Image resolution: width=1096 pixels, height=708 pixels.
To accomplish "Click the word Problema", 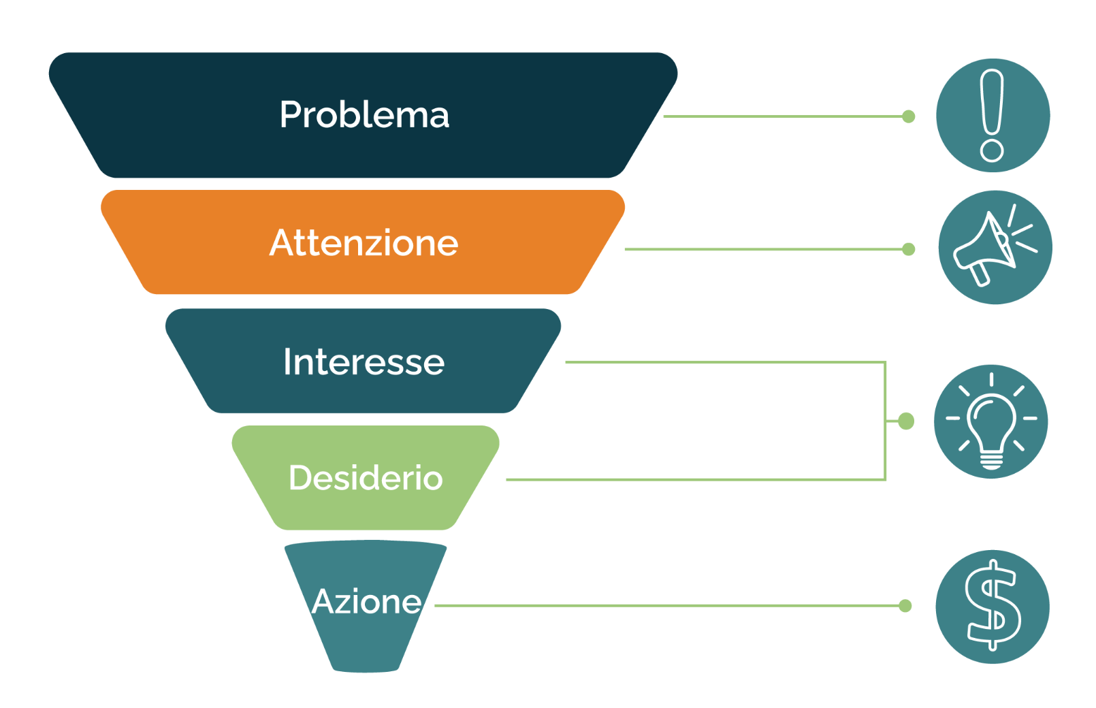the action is pos(364,115).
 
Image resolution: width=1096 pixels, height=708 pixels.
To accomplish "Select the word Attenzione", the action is pos(364,242).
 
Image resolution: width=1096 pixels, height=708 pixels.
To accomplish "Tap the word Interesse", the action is pos(364,361).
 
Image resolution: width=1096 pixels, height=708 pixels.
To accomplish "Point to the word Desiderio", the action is pos(366,477).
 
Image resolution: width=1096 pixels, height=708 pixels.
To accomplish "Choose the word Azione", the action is pos(366,601).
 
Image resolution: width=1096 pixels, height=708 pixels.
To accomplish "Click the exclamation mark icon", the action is pos(993,116).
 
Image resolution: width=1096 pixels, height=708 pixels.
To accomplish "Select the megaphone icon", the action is pos(995,247).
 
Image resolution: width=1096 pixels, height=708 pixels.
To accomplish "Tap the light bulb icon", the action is pos(990,421).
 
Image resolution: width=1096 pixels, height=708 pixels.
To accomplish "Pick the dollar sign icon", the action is pos(993,607).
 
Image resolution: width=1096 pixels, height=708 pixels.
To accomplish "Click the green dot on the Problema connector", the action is pos(909,116).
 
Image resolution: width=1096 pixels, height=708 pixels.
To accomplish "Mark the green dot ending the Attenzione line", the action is pos(909,249).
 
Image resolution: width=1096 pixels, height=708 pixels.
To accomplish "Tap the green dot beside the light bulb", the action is pos(906,421).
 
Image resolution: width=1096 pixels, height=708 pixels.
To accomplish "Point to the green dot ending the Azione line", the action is pos(905,606).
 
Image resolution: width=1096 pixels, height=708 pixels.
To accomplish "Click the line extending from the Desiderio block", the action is pos(695,479).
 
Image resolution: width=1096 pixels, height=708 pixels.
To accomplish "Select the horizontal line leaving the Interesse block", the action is pos(725,362).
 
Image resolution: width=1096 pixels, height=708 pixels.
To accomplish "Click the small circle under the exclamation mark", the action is pos(992,150).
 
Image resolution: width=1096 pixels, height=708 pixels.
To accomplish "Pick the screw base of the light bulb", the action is pos(991,462).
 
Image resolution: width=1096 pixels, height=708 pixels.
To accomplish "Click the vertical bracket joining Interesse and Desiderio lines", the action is pos(885,421).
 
